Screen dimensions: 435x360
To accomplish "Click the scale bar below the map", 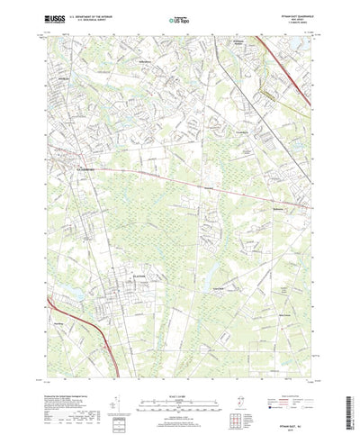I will (180, 382).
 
